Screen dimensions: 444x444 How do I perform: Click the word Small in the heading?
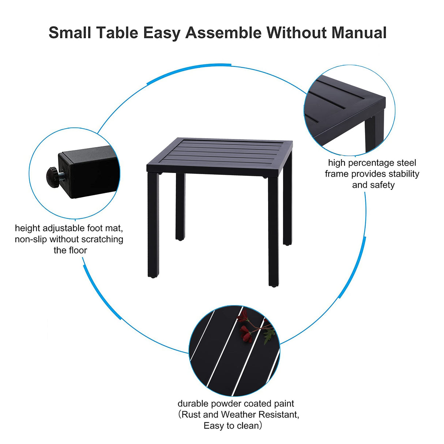pyautogui.click(x=70, y=33)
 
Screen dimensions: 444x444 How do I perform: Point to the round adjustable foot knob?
pyautogui.click(x=52, y=176)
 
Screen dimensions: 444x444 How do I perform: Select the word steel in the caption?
pyautogui.click(x=406, y=163)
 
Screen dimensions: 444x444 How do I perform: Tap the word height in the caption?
pyautogui.click(x=27, y=228)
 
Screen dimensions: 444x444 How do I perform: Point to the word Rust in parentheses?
pyautogui.click(x=191, y=414)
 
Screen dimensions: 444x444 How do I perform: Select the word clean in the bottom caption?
pyautogui.click(x=247, y=425)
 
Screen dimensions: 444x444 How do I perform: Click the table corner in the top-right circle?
pyautogui.click(x=373, y=106)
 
